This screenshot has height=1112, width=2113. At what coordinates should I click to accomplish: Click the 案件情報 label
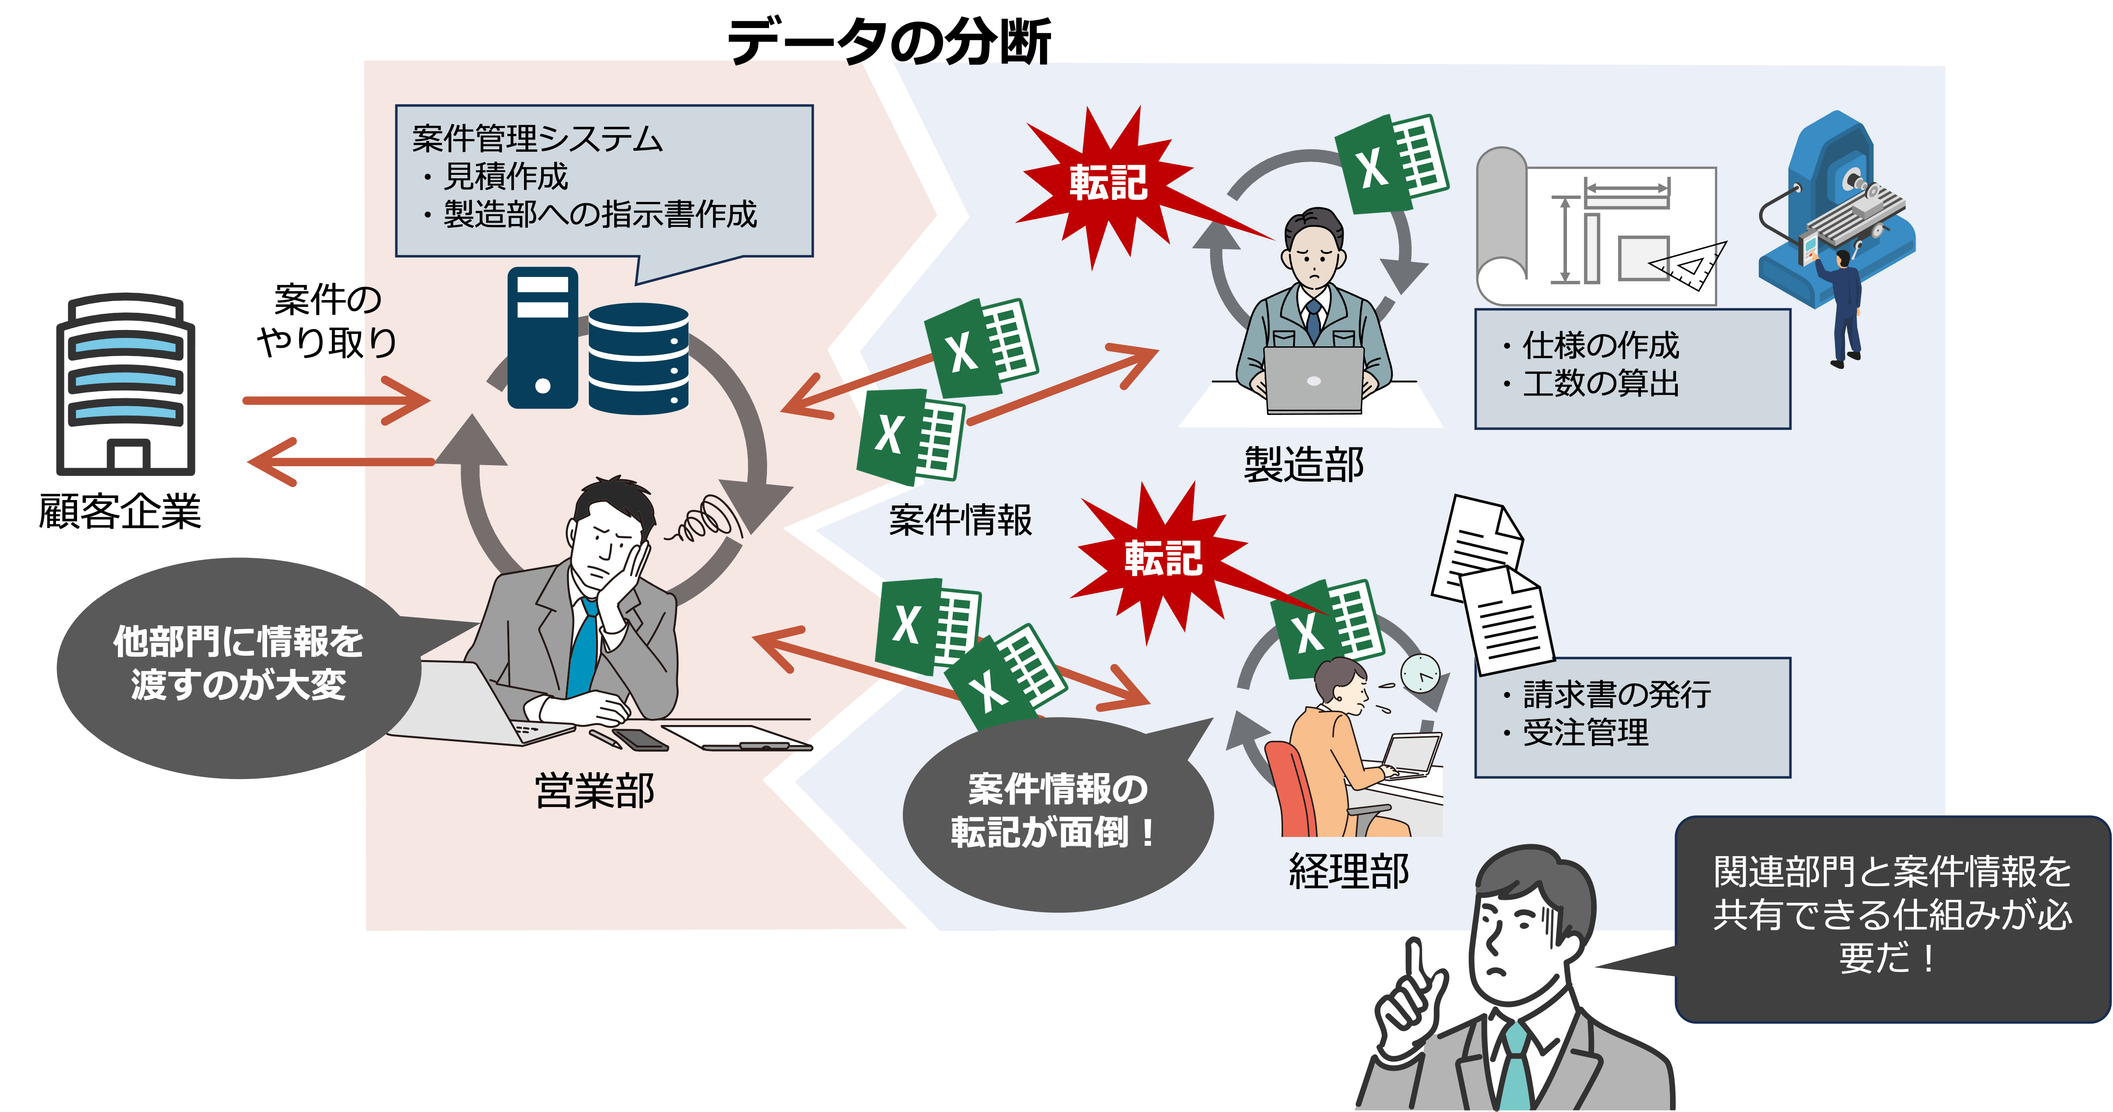point(960,520)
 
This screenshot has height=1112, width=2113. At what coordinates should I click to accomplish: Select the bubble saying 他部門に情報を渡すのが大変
point(238,665)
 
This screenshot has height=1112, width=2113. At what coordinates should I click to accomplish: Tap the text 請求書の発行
point(1616,695)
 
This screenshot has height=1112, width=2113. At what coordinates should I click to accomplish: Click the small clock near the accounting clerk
point(1419,674)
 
